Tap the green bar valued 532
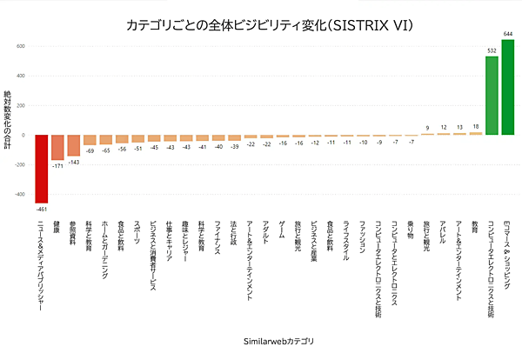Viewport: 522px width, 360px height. click(492, 96)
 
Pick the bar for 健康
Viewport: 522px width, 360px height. click(57, 148)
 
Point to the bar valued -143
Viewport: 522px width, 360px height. click(73, 145)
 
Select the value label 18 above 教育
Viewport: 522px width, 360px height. click(475, 127)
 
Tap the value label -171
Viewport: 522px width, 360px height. click(57, 166)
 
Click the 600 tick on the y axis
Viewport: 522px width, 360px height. click(20, 46)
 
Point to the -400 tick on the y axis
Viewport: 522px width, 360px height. click(18, 195)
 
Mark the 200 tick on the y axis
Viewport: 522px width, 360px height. click(20, 105)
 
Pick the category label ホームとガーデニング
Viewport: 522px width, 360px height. click(105, 243)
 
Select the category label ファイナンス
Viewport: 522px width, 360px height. click(217, 237)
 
